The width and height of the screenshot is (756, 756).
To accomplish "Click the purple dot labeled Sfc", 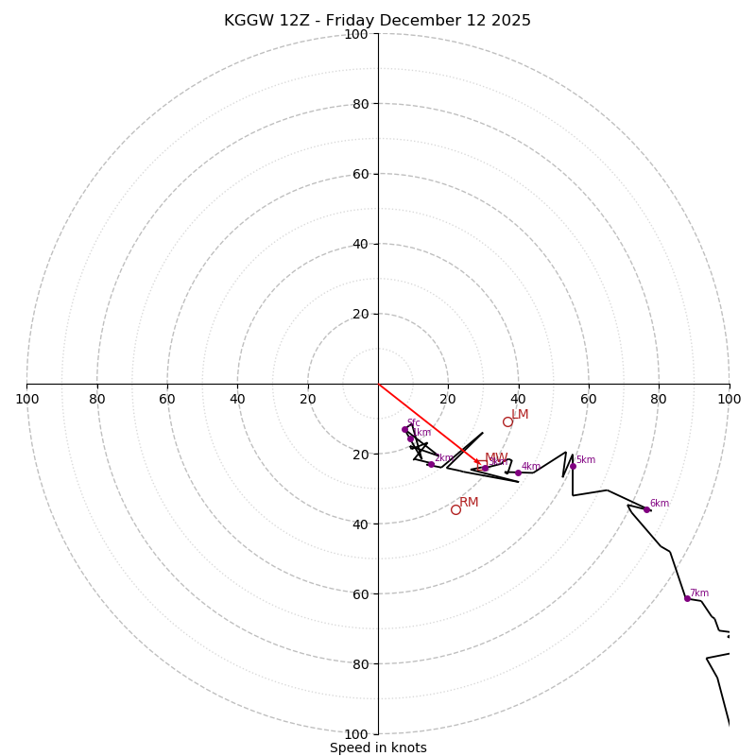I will coord(404,429).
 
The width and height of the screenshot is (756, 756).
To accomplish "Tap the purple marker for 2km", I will coord(431,464).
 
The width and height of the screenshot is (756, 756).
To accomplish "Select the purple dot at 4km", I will coord(518,472).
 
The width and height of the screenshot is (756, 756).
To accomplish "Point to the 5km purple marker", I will coord(573,466).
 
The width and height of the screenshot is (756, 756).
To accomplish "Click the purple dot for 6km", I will coord(647,509).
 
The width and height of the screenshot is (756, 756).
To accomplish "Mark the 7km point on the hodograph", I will coord(687,598).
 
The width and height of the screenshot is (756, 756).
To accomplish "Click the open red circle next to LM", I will coord(507,421).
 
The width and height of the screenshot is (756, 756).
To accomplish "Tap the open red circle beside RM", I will coord(455,509).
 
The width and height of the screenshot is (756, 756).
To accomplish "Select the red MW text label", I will coord(496,458).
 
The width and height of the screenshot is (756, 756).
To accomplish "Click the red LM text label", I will coord(520,415).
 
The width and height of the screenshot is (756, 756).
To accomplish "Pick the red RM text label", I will coord(469,503).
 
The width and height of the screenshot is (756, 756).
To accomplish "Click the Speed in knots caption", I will coord(378,747).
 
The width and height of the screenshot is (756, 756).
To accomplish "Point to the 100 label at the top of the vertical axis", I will coord(355,34).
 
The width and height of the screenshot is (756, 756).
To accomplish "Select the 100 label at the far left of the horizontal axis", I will coord(26,399).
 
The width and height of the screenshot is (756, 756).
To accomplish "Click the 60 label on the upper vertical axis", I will coord(359,174).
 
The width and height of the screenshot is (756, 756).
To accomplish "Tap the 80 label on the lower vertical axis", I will coord(359,663).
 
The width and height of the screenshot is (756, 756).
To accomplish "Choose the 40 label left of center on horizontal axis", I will coord(237,399).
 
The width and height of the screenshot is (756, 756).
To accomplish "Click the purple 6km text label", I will coord(659,504).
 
